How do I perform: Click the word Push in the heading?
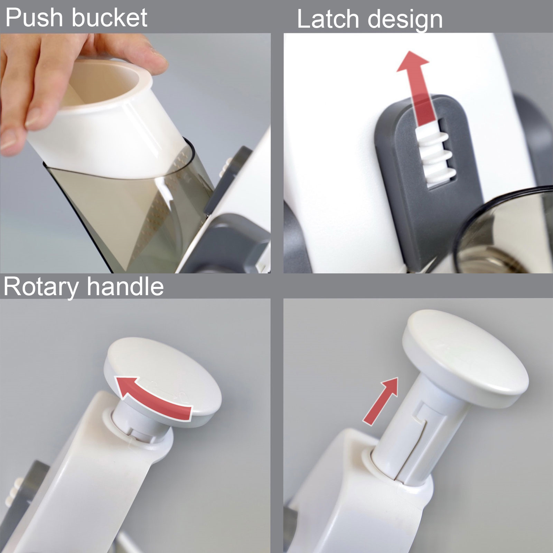tap(36, 18)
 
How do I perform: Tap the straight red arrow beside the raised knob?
tap(380, 401)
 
